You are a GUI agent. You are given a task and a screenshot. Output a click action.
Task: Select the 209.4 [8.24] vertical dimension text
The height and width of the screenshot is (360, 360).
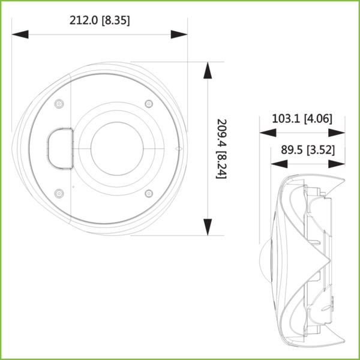point(221,148)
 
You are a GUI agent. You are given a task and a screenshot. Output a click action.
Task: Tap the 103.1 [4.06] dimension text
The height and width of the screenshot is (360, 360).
point(302,119)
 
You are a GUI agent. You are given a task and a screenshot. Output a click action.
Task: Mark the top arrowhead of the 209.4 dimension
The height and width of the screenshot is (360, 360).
point(208,70)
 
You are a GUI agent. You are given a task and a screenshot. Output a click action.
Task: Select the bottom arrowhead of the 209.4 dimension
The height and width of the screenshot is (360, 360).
point(208,227)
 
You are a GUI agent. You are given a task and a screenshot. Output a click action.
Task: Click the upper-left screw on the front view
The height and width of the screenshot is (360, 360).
point(59,104)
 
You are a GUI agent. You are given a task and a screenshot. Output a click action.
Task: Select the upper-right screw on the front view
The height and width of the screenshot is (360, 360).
point(149,104)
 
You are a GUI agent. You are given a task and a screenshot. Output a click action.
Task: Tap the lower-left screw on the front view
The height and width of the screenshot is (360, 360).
point(59,193)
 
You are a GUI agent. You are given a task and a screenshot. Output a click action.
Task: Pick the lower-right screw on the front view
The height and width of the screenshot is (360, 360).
point(149,193)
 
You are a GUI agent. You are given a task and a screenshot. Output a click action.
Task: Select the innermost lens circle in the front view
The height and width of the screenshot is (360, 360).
point(116,148)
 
